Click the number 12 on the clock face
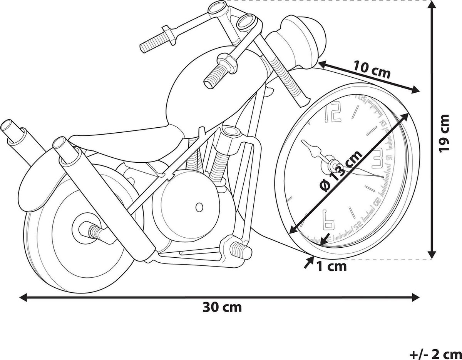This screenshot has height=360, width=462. click(x=333, y=113)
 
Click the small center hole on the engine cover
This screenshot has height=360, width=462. click(x=199, y=207)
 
